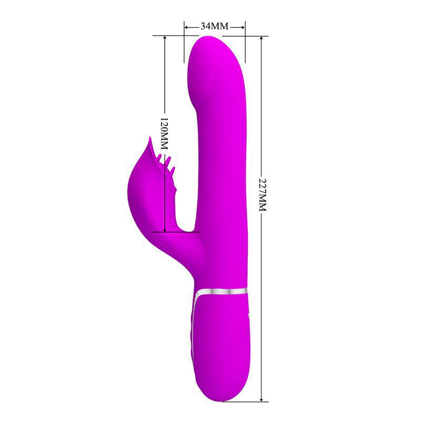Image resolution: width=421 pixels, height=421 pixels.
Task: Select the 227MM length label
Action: click(x=262, y=193)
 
